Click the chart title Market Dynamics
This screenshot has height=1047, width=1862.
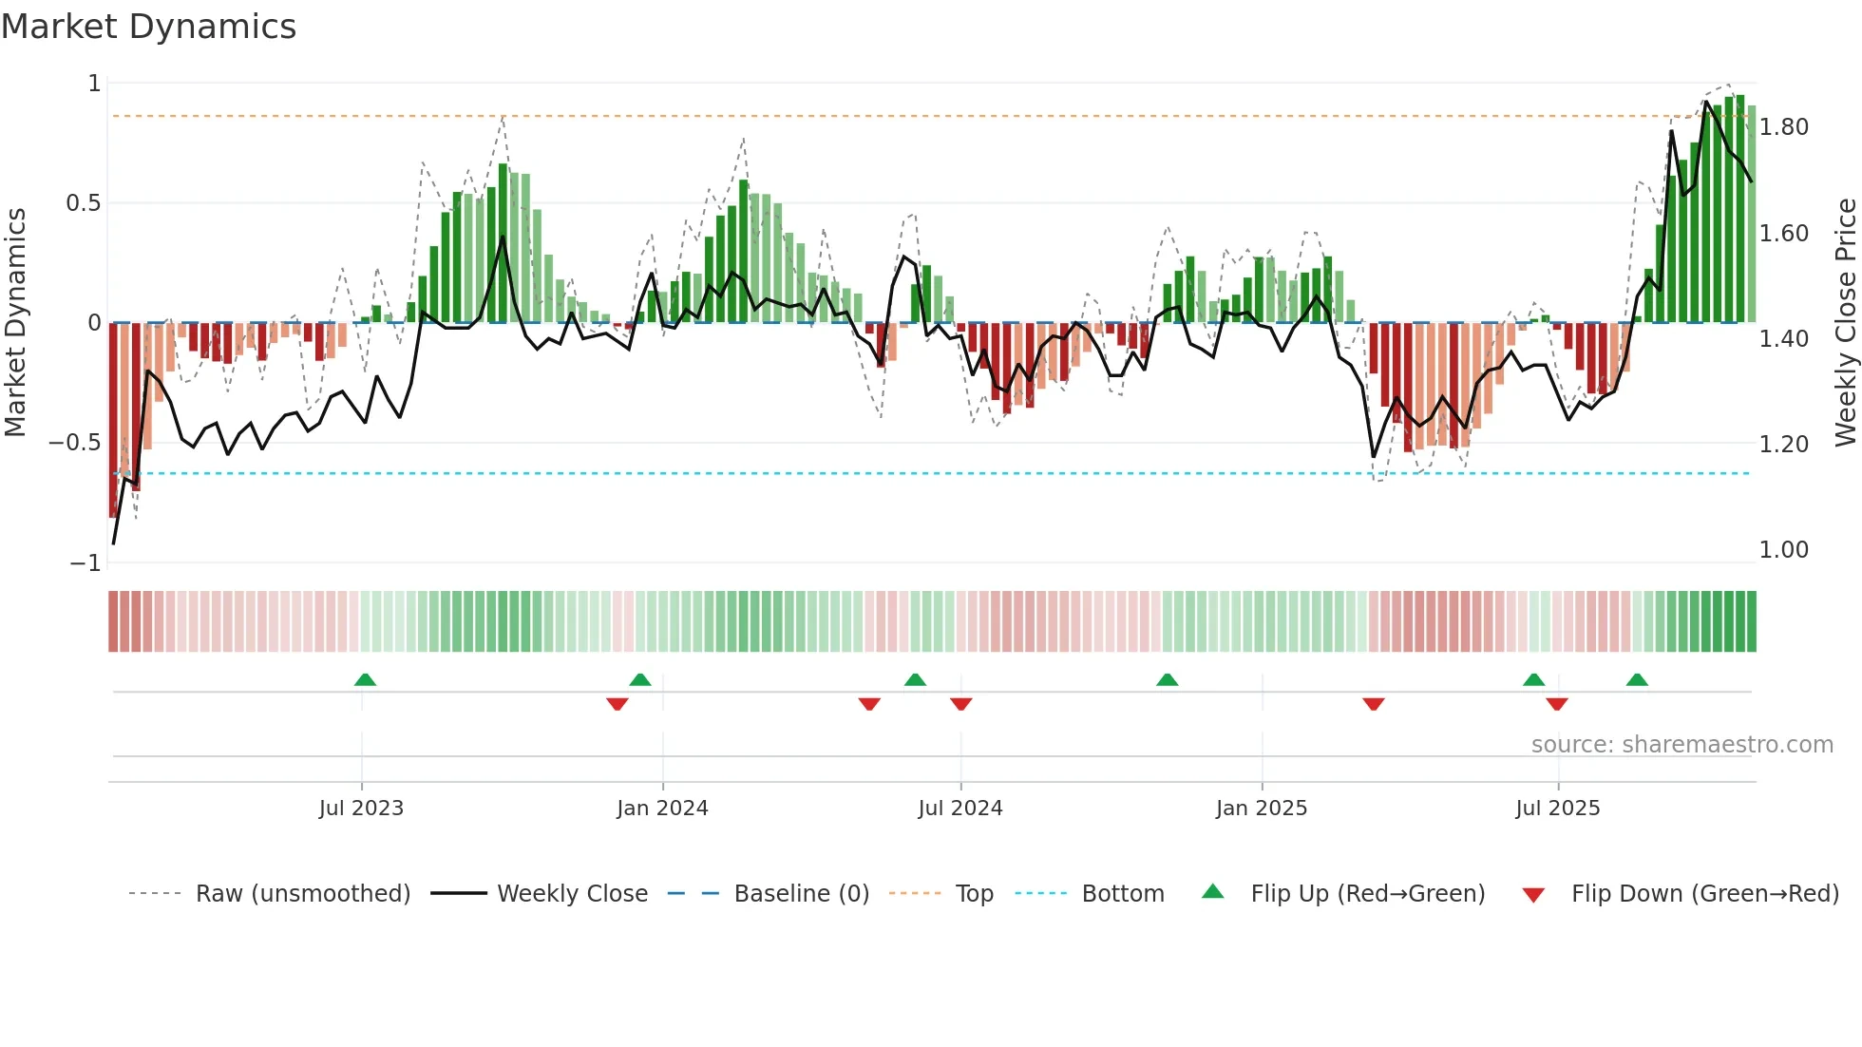148,27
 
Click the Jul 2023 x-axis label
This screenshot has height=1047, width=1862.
361,809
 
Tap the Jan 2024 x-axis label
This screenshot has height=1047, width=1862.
662,809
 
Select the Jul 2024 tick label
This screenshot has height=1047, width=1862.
960,809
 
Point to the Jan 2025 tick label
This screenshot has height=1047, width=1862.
1262,809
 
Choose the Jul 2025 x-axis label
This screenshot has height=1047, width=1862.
1558,809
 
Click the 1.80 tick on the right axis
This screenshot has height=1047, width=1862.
1784,127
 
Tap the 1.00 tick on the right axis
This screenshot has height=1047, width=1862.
1784,550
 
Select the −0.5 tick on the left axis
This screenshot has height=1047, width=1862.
74,443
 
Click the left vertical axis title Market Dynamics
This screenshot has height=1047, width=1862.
15,322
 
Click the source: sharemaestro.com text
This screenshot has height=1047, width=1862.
1681,745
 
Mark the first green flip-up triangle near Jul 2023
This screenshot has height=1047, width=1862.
365,680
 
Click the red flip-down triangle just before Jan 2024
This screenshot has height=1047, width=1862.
617,704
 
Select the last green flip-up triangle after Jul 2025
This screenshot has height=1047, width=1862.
1637,680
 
